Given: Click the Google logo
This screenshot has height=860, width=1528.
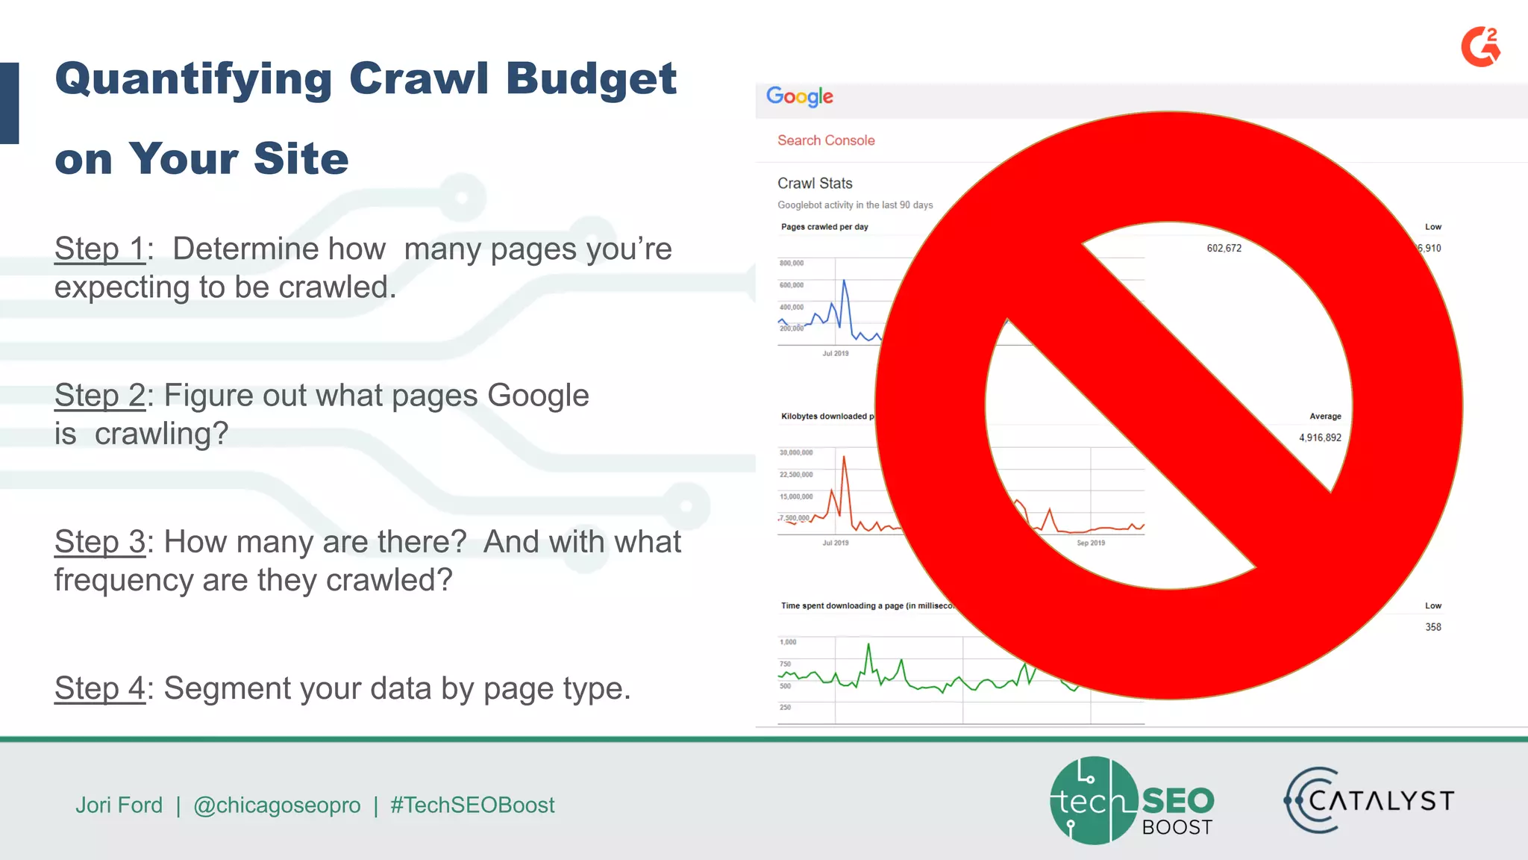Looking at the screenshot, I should (x=799, y=97).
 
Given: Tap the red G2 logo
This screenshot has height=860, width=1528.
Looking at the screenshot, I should (x=1481, y=47).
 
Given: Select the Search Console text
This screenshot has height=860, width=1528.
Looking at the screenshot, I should (x=826, y=140).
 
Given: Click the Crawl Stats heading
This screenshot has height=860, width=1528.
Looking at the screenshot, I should (x=815, y=184).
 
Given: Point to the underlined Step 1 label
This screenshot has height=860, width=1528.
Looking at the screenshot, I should (x=100, y=249).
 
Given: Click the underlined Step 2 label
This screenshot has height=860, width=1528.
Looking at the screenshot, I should (x=100, y=396).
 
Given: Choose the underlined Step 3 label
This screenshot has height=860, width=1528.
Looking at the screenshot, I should (x=100, y=542).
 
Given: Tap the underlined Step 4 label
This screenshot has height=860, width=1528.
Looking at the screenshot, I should (x=100, y=688).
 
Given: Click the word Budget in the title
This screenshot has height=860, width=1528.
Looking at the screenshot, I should (x=591, y=79).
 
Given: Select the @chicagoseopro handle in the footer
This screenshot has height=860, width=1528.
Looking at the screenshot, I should (x=277, y=805).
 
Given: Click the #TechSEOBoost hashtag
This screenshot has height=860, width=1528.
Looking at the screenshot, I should (x=472, y=805).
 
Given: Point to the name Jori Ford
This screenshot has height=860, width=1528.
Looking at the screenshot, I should (x=119, y=805).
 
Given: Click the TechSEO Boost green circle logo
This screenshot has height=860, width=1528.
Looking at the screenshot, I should (x=1094, y=800).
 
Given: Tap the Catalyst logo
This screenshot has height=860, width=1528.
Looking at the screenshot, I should (x=1369, y=800).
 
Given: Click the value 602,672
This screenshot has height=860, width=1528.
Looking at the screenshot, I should (x=1224, y=249).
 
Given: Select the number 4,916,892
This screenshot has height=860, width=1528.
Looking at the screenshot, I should (x=1320, y=438).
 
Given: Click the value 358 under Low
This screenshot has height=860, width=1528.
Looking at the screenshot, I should (x=1433, y=627).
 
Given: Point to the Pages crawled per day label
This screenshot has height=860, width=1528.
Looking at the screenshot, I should (x=824, y=227).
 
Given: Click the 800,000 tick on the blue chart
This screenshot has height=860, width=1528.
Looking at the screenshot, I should (x=792, y=264).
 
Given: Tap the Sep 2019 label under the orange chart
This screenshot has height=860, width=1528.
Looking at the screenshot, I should (x=1091, y=543).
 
